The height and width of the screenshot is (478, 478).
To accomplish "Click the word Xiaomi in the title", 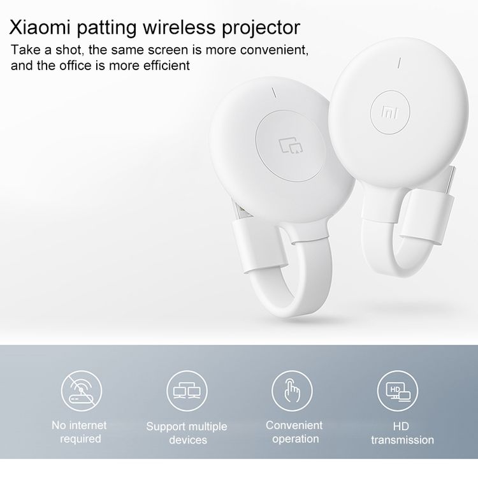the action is pos(40,27).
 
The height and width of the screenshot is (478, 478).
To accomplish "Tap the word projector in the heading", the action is pos(261,29).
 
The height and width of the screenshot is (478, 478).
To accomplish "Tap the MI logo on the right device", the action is pos(389,112).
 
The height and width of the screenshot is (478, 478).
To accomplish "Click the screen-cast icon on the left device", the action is pos(291,145).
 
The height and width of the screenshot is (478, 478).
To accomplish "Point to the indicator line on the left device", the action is pos(274,93).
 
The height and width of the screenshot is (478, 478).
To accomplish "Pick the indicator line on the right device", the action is pos(399,63).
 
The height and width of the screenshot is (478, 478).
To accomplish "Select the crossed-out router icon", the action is pos(82,391).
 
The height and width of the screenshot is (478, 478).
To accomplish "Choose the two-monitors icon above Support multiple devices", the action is pos(187,391).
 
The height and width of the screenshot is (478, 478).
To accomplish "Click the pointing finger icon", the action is pos(292,391).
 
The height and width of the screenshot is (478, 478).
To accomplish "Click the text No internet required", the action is pos(80,432).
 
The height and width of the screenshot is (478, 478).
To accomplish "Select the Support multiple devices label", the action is pos(187,433).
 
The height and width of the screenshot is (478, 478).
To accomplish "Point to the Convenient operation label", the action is pos(294,432).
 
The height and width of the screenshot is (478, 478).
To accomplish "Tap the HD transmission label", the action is pos(402,433).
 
